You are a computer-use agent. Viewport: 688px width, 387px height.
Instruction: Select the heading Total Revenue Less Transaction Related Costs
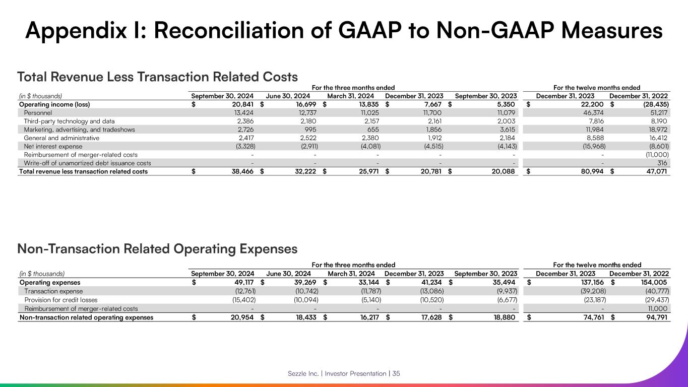tap(157, 77)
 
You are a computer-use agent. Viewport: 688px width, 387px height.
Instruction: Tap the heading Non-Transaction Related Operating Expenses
tap(157, 249)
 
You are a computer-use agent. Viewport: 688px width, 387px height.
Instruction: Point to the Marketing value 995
tap(308, 130)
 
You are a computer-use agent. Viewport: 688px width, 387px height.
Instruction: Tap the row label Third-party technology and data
tap(69, 121)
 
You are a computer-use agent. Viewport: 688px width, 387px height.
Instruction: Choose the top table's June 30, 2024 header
tap(288, 96)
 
